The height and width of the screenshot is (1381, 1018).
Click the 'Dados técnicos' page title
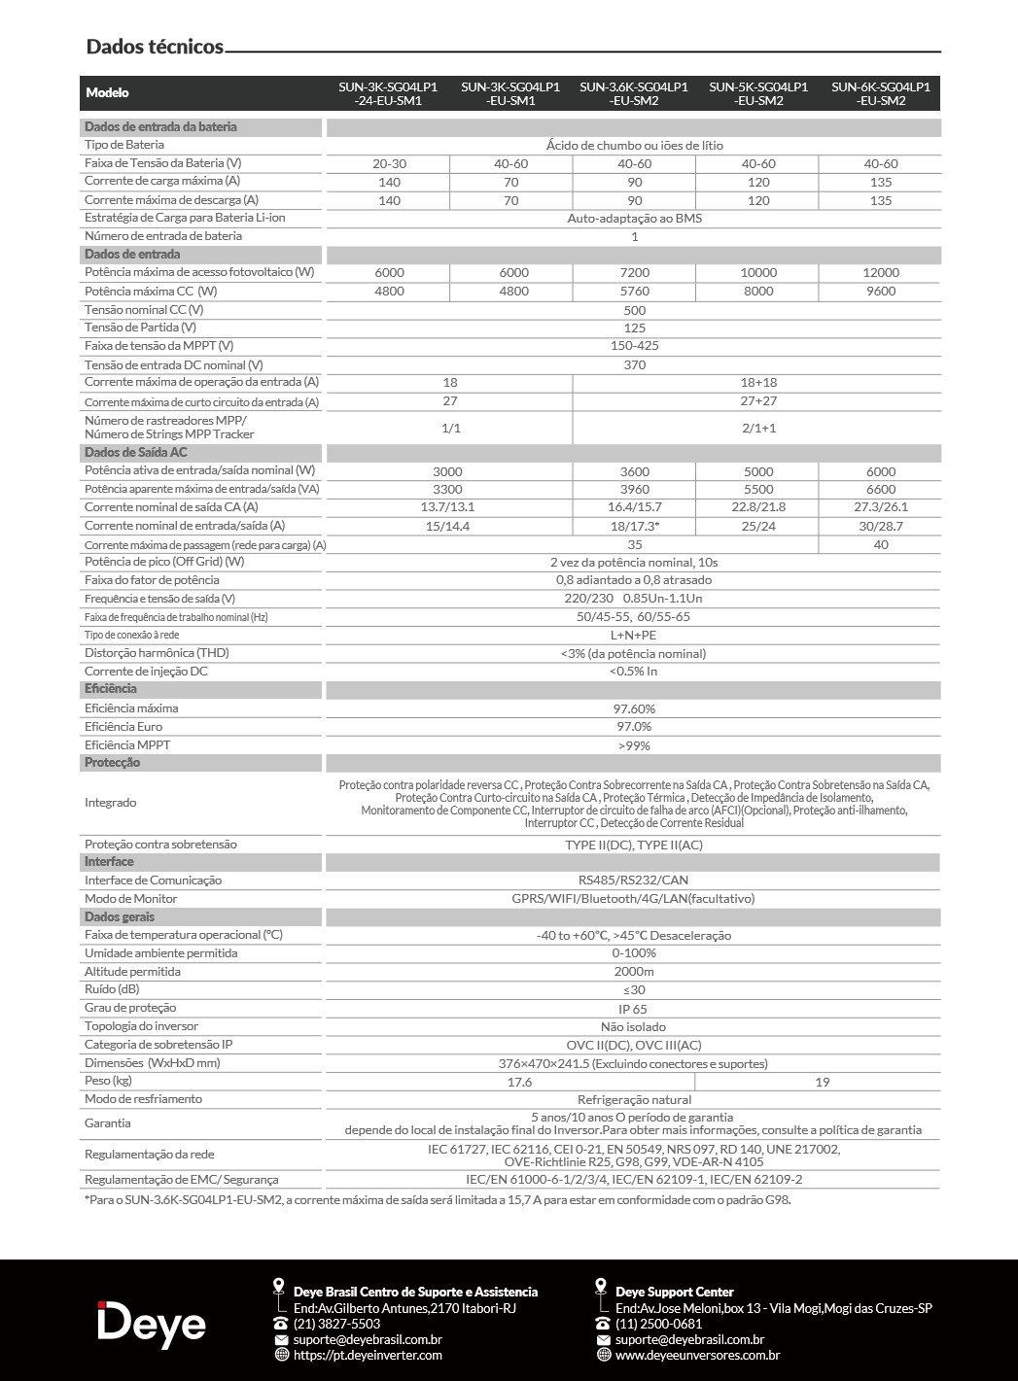tap(155, 47)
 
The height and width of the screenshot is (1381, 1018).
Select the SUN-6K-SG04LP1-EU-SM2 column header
tap(880, 93)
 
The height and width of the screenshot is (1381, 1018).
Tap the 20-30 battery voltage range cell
tap(389, 164)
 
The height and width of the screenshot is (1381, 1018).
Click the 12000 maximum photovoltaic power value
tap(880, 273)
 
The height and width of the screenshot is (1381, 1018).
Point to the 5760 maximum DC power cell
tap(634, 292)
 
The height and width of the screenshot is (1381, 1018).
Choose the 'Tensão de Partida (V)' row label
tap(140, 328)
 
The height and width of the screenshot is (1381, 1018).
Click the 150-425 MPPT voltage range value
tap(634, 346)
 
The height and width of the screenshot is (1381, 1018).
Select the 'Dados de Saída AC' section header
tap(136, 453)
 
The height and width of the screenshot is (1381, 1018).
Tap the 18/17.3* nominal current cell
tap(634, 526)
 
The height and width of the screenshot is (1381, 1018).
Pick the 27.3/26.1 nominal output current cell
tap(880, 507)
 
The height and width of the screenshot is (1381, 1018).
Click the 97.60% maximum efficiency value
tap(634, 708)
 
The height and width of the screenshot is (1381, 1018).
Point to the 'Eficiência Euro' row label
tap(123, 727)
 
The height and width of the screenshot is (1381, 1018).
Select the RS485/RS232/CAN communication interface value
tap(634, 880)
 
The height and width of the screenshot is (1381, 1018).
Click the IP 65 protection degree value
tap(634, 1009)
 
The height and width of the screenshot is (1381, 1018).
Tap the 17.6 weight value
tap(520, 1082)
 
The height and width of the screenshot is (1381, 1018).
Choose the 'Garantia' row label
tap(108, 1123)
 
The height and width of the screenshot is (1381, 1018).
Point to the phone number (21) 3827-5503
tap(336, 1324)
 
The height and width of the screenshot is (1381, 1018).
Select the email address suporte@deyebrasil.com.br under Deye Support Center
tap(689, 1339)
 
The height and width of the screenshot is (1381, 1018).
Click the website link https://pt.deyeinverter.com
tap(368, 1355)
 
